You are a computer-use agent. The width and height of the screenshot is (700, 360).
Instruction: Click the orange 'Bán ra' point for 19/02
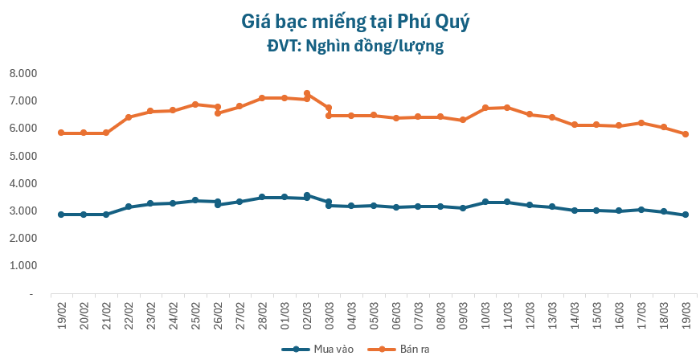[61, 133]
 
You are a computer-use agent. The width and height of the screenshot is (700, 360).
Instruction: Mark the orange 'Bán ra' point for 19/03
[686, 134]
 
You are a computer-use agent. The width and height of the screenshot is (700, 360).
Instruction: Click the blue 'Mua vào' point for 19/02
[61, 215]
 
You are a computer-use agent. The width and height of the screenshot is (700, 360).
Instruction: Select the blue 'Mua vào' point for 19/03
[686, 215]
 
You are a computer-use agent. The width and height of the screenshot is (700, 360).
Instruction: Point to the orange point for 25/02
[195, 104]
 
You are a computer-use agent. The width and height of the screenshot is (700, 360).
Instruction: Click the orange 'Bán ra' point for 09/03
[463, 120]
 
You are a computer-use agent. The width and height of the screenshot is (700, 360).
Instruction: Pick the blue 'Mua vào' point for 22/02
[129, 207]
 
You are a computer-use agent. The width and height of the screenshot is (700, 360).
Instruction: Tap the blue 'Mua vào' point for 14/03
[575, 211]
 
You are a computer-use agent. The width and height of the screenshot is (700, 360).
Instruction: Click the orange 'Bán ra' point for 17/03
[641, 123]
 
